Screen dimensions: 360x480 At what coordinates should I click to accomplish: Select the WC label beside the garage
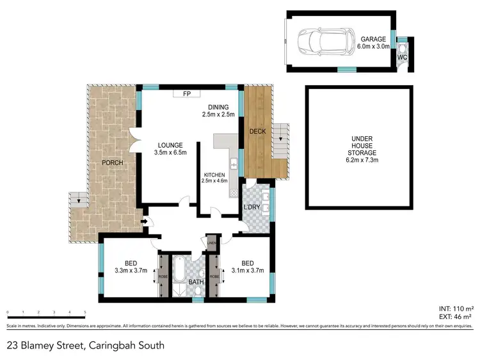[x=402, y=58]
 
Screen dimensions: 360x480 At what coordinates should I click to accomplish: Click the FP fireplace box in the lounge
[x=188, y=94]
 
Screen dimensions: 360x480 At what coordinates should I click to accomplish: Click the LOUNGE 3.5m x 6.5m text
[x=170, y=149]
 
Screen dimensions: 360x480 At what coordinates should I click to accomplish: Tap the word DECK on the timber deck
[x=257, y=132]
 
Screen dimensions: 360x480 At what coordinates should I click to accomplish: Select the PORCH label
[x=112, y=162]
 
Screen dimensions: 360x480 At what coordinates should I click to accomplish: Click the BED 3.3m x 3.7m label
[x=131, y=267]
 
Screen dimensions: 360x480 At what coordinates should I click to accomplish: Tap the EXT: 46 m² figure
[x=456, y=317]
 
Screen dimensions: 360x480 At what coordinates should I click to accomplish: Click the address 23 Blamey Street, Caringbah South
[x=85, y=345]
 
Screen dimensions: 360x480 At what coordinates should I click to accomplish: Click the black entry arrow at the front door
[x=145, y=223]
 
